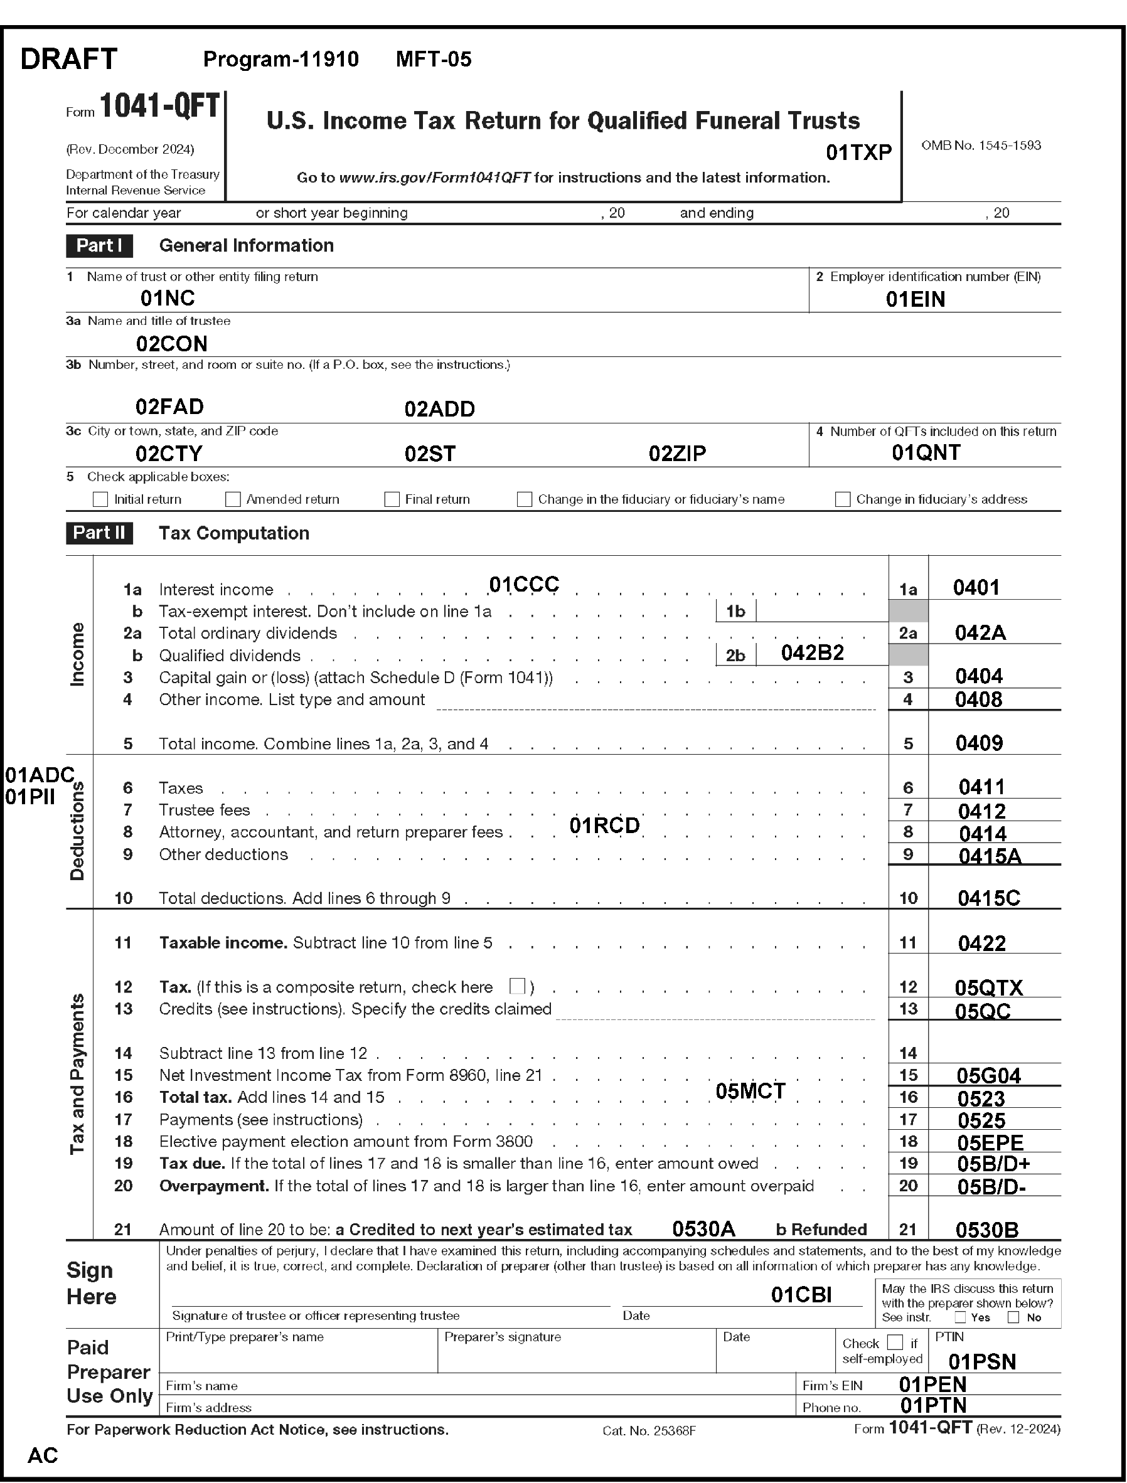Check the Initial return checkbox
(100, 499)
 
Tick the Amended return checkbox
(233, 499)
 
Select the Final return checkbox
(392, 499)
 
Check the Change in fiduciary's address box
(843, 499)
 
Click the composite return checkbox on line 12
(517, 986)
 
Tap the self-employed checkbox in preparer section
(895, 1342)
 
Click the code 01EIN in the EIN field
(915, 299)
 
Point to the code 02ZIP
(677, 454)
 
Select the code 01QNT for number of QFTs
(926, 453)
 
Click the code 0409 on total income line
(979, 743)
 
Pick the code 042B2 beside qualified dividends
(813, 652)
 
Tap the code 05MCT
(750, 1092)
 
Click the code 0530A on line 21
(703, 1229)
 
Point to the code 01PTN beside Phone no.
(933, 1405)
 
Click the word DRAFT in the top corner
(69, 59)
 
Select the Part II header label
(99, 533)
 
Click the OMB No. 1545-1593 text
(981, 145)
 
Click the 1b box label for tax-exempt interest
(736, 611)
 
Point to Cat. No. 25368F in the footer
(649, 1431)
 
